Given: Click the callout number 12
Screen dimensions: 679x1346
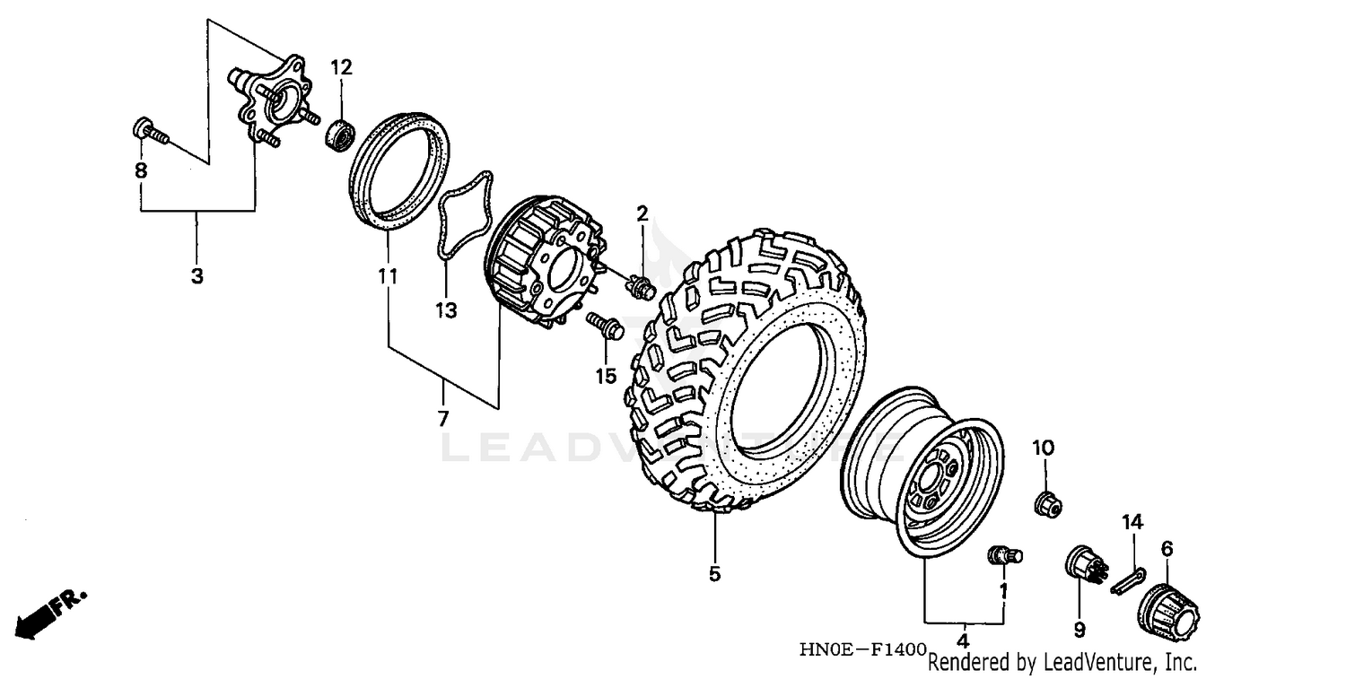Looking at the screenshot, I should coord(341,67).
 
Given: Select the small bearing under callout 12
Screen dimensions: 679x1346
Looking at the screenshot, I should coord(340,135).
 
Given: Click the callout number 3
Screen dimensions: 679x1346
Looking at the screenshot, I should coord(197,276).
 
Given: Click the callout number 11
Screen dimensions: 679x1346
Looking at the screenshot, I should coord(387,278).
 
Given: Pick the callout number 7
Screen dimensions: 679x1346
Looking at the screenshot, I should coord(443,418).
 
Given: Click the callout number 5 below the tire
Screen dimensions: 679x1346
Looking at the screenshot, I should coord(714,574).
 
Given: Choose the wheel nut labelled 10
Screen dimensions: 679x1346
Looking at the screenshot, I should coord(1047,505).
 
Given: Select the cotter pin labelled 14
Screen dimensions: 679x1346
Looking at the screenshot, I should coord(1128,580).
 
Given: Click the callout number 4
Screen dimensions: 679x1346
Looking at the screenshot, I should coord(962,640).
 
